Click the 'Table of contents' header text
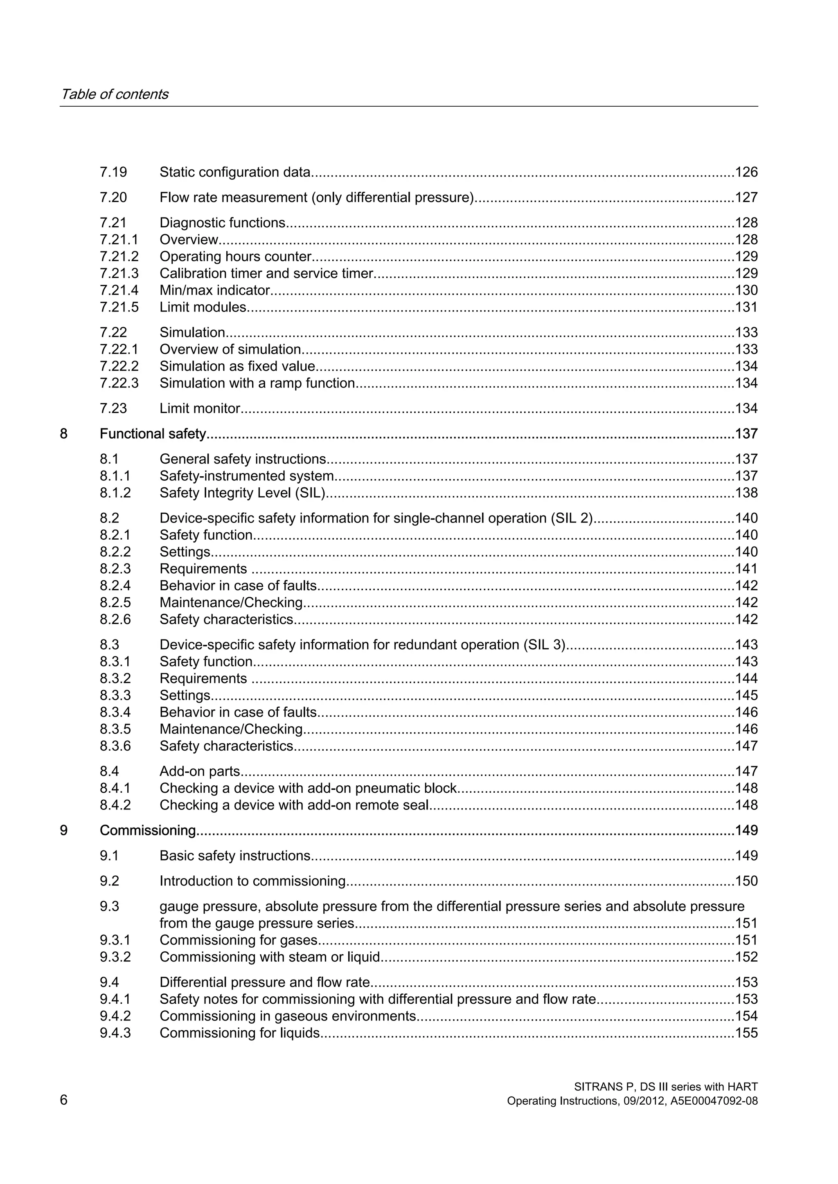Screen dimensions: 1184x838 tap(114, 94)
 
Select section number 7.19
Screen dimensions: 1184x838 tap(113, 172)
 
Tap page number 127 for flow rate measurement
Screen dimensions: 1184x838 tap(746, 197)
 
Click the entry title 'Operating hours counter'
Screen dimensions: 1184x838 tap(235, 257)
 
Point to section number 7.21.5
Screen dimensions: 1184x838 tap(119, 307)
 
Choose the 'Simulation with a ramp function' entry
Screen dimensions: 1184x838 tap(257, 383)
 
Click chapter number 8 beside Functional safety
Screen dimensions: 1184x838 tap(63, 434)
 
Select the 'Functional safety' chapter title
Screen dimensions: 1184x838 tap(153, 434)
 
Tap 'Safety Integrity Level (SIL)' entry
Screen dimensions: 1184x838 tap(242, 493)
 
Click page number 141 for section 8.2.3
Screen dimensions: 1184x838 tap(746, 569)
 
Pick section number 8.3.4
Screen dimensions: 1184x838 tap(115, 712)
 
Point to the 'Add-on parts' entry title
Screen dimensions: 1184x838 tap(200, 771)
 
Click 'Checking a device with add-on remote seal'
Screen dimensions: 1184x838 tap(294, 805)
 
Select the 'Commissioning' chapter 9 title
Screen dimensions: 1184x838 tap(148, 830)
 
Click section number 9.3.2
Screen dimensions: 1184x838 tap(115, 957)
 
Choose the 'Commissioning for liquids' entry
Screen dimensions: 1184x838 tap(239, 1033)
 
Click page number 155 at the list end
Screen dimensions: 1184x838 tap(746, 1033)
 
